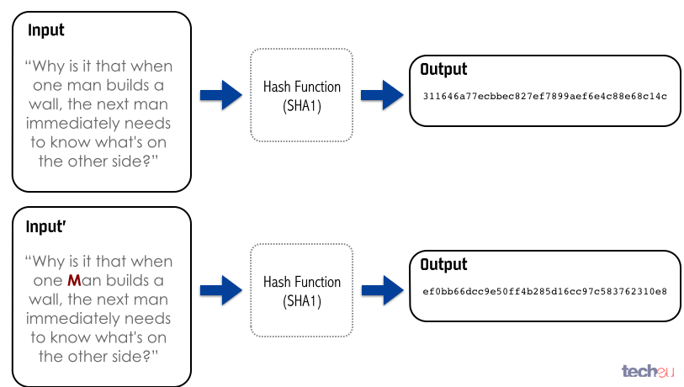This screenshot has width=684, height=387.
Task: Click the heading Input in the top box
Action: coord(45,30)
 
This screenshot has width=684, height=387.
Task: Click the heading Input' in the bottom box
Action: coord(45,227)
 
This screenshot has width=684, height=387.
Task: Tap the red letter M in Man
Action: coord(74,280)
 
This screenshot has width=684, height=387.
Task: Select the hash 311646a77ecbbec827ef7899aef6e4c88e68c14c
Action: coord(544,96)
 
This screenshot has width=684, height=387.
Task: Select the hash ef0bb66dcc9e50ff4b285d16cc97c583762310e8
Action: coord(544,291)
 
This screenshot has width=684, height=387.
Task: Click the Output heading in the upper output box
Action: coord(443,69)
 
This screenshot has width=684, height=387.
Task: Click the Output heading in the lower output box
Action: coord(443,264)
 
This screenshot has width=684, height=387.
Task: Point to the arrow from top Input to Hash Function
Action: coord(220,95)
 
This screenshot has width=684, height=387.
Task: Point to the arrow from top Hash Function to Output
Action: coord(382,95)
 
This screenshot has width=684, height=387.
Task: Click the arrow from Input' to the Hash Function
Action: coord(220,290)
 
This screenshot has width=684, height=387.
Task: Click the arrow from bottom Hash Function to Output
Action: coord(382,290)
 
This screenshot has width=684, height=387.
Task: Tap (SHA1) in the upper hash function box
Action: coord(302,106)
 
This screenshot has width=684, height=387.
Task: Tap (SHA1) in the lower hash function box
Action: coord(302,301)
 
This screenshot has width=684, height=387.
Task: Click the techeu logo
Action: coord(648,371)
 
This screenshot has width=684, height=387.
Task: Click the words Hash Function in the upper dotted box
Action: coord(302,87)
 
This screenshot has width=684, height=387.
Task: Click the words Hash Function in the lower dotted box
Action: coord(302,282)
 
